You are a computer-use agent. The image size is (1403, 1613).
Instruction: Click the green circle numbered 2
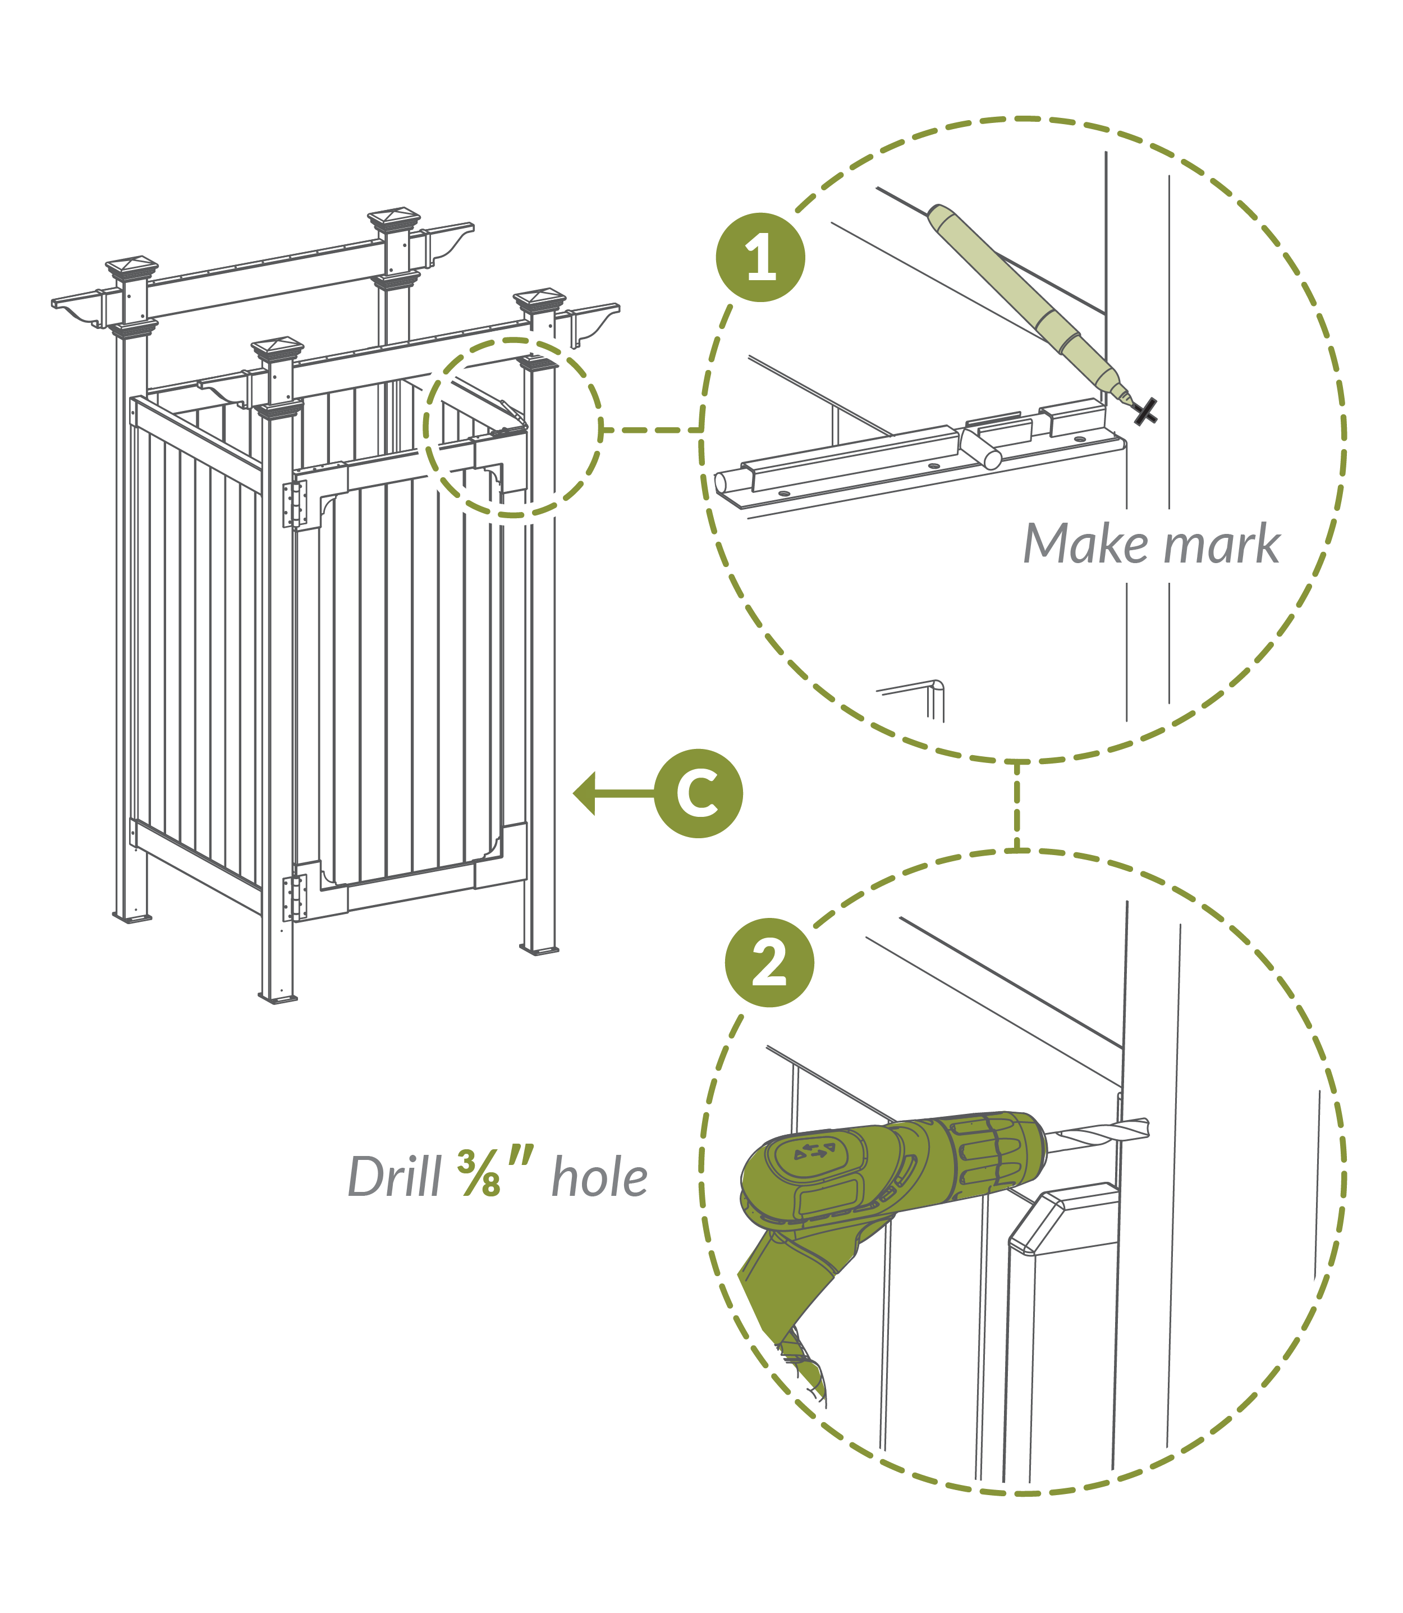[x=769, y=963]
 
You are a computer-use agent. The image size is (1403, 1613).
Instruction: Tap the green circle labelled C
[x=698, y=793]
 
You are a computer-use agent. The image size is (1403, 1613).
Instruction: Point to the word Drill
[x=395, y=1177]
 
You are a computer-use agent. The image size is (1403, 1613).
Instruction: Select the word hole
[x=600, y=1177]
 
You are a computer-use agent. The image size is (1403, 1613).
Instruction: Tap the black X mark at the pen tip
[x=1146, y=412]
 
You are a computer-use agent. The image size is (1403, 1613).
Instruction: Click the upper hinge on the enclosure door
[x=295, y=504]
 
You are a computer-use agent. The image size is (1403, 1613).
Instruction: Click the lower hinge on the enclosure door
[x=295, y=897]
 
